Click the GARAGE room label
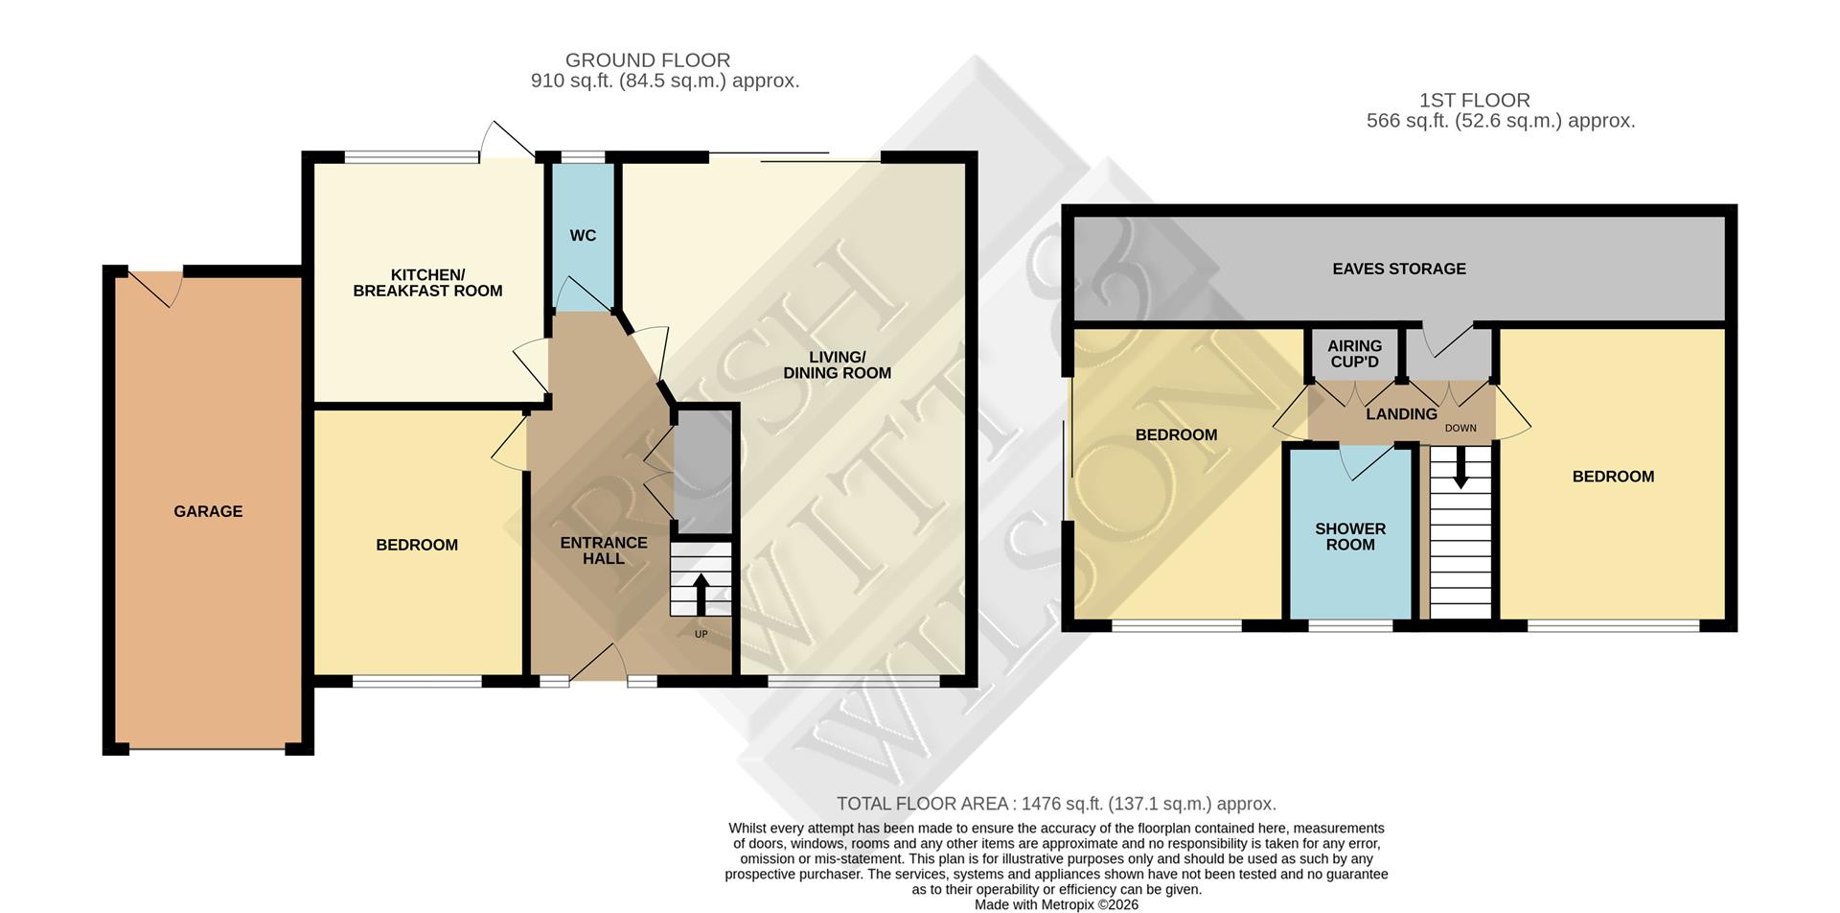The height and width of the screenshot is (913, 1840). point(208,511)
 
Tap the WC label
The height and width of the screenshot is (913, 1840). point(583,236)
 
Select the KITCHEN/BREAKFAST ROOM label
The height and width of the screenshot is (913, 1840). point(427,283)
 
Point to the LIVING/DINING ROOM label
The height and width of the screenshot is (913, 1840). point(837,365)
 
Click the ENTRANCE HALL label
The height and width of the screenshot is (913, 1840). point(604,550)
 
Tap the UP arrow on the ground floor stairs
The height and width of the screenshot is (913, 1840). point(701,595)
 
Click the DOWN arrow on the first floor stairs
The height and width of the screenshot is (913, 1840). point(1460,470)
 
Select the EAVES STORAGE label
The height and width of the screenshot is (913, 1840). point(1398,269)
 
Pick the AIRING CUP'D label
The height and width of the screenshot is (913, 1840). point(1354,354)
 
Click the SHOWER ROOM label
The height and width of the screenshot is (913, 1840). point(1349,537)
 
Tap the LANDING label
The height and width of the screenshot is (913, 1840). point(1401,414)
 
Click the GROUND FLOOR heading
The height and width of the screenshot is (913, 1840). point(648,60)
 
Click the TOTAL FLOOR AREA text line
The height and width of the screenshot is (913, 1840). point(1056,804)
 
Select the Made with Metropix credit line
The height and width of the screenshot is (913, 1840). point(1056,904)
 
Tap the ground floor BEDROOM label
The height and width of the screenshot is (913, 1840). point(417,545)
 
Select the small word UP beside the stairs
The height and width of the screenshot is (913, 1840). point(701,634)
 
